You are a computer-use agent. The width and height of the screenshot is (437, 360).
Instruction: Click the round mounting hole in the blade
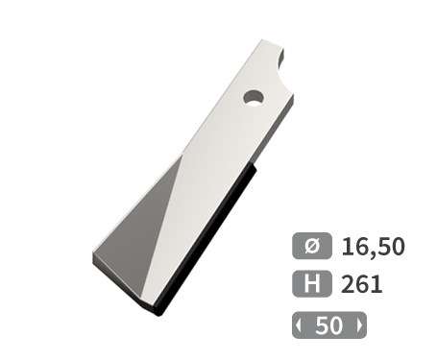point(253,97)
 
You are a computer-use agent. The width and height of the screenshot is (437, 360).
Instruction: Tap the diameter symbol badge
point(311,245)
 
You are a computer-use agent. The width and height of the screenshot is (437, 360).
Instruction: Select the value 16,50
point(373,246)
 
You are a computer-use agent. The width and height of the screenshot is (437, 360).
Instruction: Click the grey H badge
point(311,284)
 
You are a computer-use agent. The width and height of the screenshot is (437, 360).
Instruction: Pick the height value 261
point(362,284)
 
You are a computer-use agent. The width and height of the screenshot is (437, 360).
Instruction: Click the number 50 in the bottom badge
point(328,325)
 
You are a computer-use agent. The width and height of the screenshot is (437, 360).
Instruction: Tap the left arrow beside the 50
point(302,325)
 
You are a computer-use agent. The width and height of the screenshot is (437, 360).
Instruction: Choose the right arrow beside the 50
point(358,325)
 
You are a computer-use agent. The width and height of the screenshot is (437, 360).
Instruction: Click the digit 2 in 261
point(349,284)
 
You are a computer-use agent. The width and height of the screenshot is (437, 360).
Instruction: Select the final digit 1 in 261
point(376,284)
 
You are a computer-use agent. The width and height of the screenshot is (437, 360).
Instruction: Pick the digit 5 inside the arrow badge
point(322,325)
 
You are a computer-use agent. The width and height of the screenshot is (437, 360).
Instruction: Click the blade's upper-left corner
point(259,40)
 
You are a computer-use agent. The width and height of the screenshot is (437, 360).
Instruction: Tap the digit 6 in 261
point(363,284)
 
